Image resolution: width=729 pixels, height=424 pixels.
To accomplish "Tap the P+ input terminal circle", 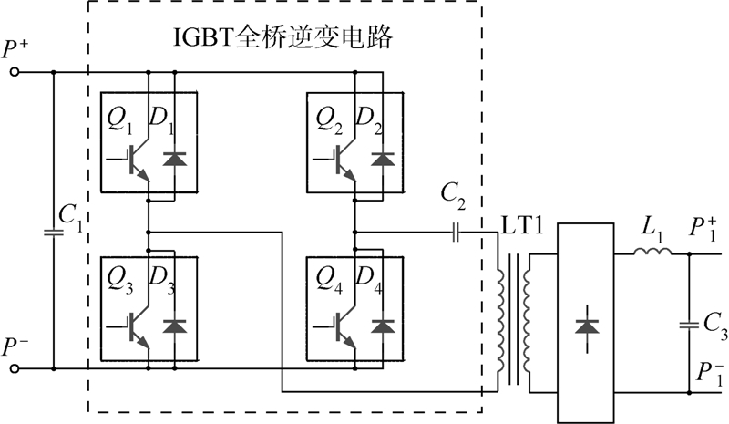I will coord(14,72).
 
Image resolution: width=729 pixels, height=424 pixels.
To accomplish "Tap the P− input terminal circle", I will coord(14,368).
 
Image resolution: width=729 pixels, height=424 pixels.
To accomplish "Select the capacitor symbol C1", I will coord(54,231).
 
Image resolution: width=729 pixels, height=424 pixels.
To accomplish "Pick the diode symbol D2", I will coord(384,158).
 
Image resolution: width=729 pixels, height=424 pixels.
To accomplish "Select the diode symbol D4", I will coord(384,324).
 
